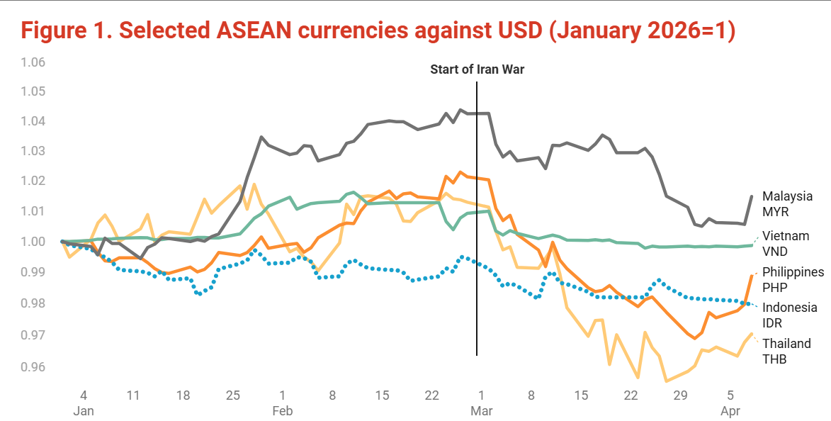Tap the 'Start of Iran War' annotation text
click(x=477, y=69)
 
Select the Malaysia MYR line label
click(x=787, y=203)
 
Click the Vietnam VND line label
click(x=785, y=243)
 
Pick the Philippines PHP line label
click(x=793, y=279)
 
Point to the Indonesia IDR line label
click(x=789, y=315)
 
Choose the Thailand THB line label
click(x=786, y=351)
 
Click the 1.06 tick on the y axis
click(x=33, y=62)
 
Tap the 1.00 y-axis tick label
click(x=33, y=242)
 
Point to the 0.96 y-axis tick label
click(x=33, y=367)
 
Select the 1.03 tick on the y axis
click(x=33, y=151)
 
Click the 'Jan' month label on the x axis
click(x=84, y=410)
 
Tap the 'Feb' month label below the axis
click(x=283, y=410)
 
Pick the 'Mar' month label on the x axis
click(x=482, y=410)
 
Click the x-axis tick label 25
click(x=232, y=394)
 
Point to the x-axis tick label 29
click(x=680, y=394)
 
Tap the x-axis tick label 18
click(x=183, y=394)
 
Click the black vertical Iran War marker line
click(x=477, y=213)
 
